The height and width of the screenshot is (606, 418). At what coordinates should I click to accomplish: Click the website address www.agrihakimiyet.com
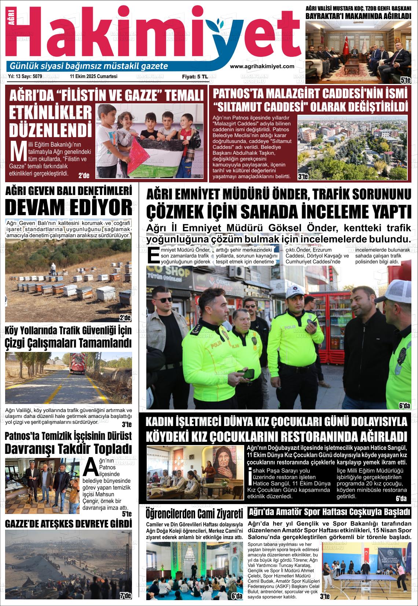(262, 66)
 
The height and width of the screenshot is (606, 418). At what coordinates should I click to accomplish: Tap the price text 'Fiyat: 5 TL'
(195, 77)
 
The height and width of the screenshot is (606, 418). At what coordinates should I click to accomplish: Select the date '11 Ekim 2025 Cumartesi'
(93, 77)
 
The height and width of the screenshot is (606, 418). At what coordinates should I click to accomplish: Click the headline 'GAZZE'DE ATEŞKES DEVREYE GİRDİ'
(68, 524)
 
